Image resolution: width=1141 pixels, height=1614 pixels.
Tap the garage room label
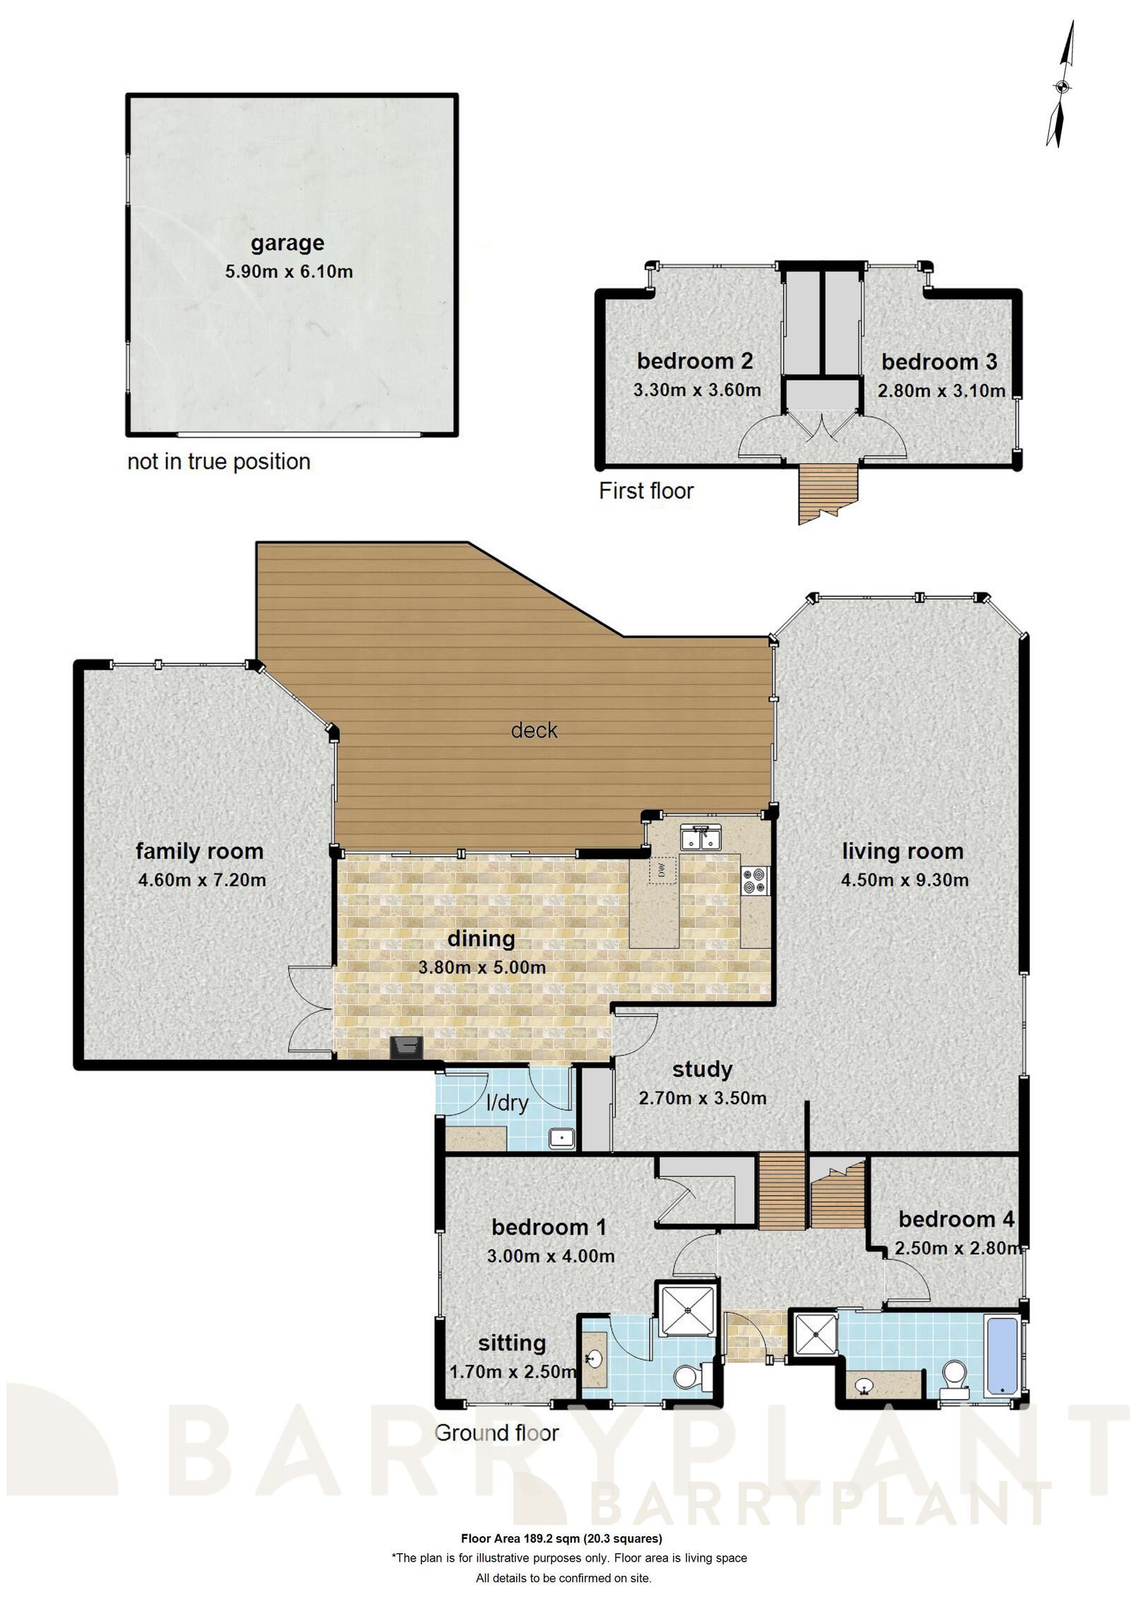[x=287, y=242]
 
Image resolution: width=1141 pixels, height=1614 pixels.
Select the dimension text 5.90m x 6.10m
[x=288, y=271]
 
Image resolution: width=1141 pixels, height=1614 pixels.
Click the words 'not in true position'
[x=218, y=462]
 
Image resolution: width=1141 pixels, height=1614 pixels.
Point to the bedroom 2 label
[x=694, y=361]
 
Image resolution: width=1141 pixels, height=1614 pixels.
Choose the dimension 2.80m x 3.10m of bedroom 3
[x=941, y=391]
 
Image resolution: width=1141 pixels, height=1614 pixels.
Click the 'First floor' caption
[x=646, y=491]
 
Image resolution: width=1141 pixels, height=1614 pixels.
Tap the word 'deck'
[x=534, y=730]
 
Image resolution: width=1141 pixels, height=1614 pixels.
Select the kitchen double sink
[x=699, y=838]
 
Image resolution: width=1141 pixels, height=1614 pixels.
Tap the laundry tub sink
[x=562, y=1139]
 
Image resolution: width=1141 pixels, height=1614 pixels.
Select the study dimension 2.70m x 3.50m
[x=702, y=1099]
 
